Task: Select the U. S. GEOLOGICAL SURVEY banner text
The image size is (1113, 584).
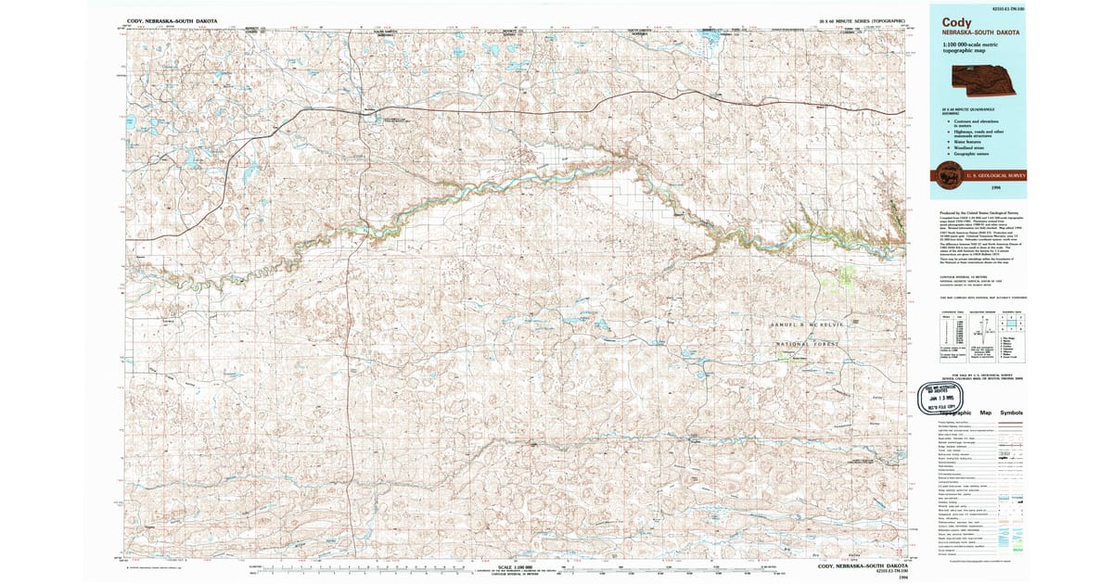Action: (x=997, y=174)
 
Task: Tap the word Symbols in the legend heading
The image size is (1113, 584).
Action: (x=1012, y=413)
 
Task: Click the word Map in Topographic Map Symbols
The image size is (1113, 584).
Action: (x=985, y=413)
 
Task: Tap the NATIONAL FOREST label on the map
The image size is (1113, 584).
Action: (x=808, y=344)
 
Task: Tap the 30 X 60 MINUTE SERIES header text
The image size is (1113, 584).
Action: (x=849, y=20)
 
